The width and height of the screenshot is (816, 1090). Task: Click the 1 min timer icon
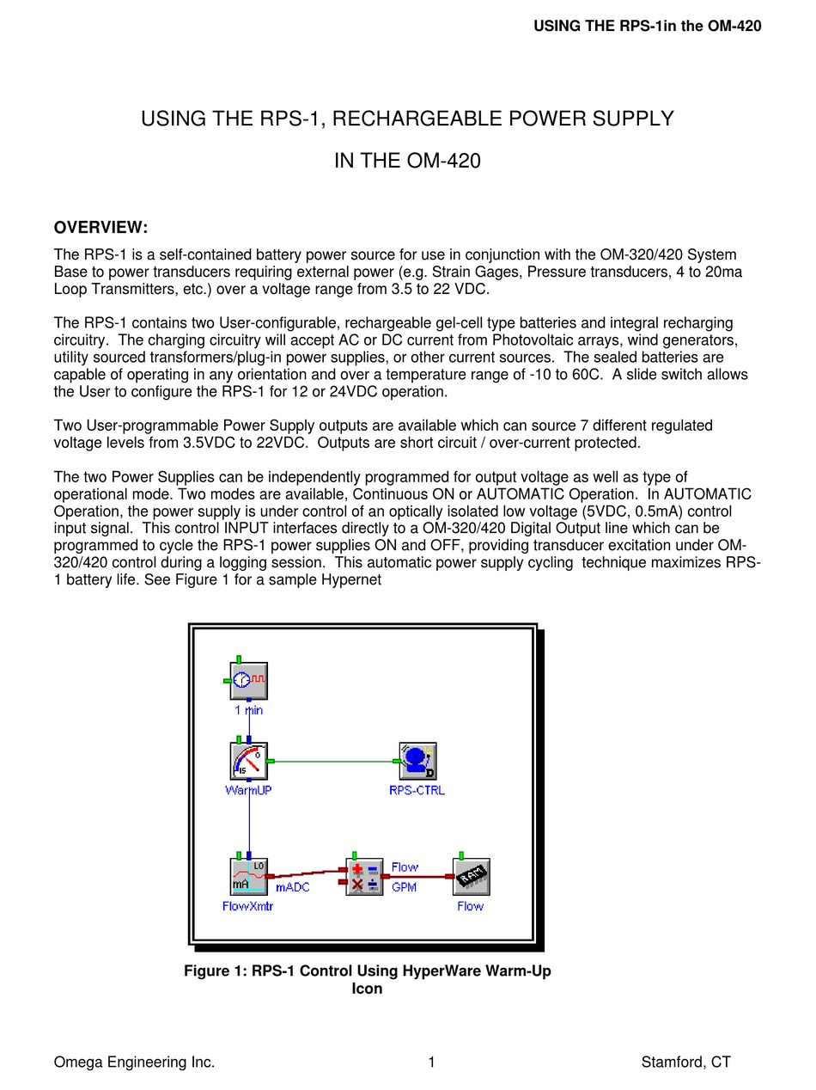point(249,681)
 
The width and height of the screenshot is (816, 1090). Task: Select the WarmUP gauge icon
point(249,762)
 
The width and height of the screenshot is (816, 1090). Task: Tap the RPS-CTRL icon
point(417,762)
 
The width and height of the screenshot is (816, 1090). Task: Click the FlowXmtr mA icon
point(249,877)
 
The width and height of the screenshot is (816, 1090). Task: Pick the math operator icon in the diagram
point(365,877)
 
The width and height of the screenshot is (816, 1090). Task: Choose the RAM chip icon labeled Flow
point(471,877)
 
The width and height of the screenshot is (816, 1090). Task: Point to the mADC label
point(292,887)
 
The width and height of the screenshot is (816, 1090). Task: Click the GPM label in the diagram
point(404,887)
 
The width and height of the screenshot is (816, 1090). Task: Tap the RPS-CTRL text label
point(417,790)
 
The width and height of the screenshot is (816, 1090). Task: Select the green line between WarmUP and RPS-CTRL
point(335,762)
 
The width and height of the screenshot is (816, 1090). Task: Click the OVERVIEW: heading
point(100,228)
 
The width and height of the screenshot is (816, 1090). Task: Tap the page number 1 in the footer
point(431,1062)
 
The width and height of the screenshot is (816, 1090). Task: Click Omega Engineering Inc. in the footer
point(134,1062)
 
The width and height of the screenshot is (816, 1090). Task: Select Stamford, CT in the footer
point(685,1062)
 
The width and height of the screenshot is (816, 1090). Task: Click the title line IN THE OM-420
point(407,161)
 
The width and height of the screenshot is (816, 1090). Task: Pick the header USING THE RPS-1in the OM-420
point(647,26)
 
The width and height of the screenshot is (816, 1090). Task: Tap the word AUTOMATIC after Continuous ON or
point(528,494)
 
